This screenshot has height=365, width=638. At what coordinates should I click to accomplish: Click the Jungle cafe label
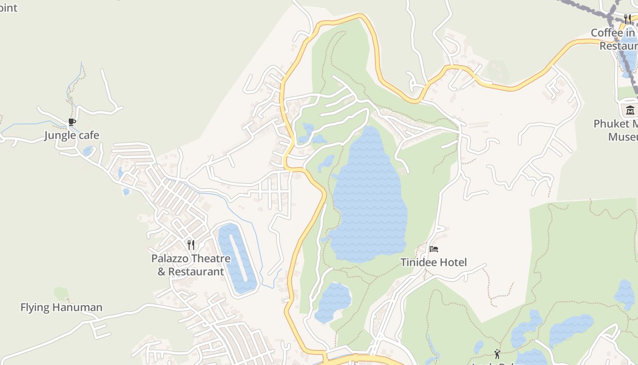click(x=72, y=136)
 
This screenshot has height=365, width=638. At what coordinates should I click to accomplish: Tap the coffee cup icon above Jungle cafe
click(x=72, y=122)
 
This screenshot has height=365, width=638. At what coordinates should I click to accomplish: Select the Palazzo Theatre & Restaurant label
click(x=190, y=265)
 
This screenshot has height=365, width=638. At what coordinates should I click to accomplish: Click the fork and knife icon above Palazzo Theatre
click(x=191, y=245)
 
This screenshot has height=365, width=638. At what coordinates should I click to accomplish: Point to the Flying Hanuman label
click(x=61, y=308)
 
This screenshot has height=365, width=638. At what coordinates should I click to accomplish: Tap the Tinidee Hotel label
click(x=433, y=262)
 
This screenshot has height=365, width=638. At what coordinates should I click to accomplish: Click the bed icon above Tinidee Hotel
click(x=434, y=249)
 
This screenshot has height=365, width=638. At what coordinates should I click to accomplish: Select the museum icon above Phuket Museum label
click(x=630, y=110)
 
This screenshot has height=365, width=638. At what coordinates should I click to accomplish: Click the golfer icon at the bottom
click(x=497, y=354)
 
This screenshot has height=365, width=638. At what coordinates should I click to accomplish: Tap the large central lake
click(x=369, y=201)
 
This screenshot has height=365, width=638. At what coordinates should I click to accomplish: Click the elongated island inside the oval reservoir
click(x=240, y=258)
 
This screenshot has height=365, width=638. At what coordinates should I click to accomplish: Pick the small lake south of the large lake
click(x=333, y=301)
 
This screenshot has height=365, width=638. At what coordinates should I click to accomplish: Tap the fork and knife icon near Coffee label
click(x=628, y=19)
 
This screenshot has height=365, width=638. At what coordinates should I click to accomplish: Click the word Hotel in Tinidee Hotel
click(x=453, y=262)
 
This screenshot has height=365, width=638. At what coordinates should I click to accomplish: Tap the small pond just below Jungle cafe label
click(x=87, y=151)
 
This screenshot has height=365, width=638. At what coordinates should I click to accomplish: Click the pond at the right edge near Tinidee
click(x=625, y=294)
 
